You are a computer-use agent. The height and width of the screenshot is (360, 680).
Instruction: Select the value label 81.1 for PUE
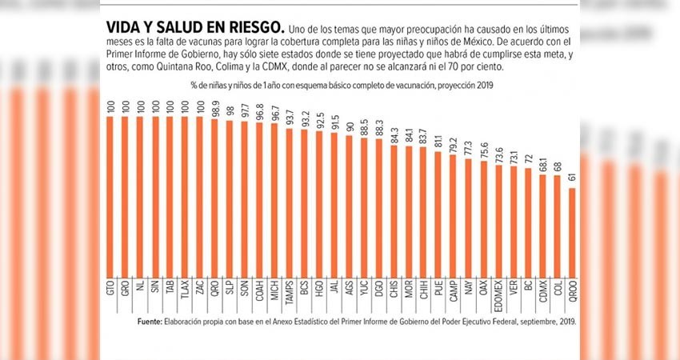click(x=438, y=142)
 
